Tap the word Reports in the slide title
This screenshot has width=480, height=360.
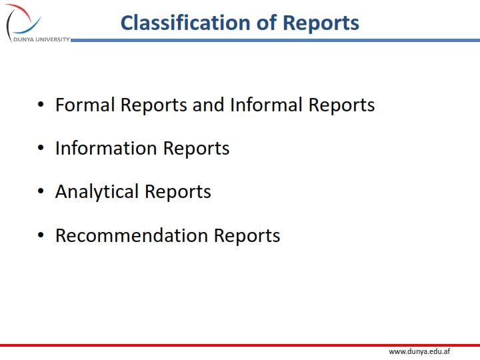pyautogui.click(x=321, y=23)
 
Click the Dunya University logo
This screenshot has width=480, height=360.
pyautogui.click(x=23, y=19)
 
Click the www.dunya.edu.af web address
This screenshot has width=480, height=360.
pyautogui.click(x=419, y=351)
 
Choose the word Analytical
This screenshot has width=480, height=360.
pyautogui.click(x=97, y=192)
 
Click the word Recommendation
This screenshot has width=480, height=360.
pyautogui.click(x=131, y=235)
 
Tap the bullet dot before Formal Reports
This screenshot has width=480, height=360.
pyautogui.click(x=41, y=105)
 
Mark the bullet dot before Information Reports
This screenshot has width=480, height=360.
pyautogui.click(x=41, y=149)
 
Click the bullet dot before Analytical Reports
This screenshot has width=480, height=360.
pyautogui.click(x=41, y=193)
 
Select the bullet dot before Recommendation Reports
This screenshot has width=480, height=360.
pyautogui.click(x=41, y=236)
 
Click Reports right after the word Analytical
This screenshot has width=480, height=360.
pyautogui.click(x=178, y=192)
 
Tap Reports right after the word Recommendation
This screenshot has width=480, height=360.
pyautogui.click(x=247, y=235)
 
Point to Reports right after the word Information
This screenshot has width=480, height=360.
pyautogui.click(x=197, y=148)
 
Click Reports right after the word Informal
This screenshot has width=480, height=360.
pyautogui.click(x=341, y=105)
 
